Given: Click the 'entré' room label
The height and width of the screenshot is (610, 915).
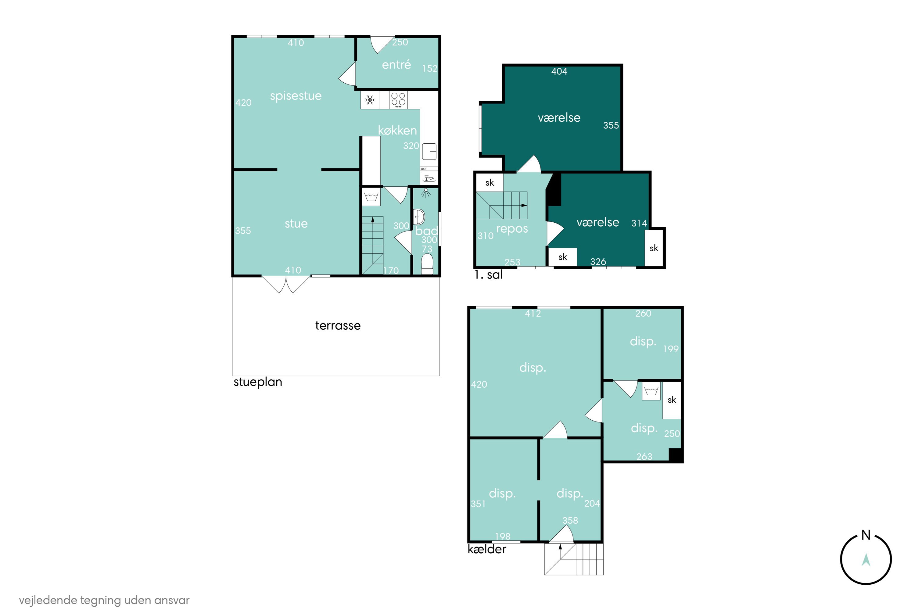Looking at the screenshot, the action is [396, 65].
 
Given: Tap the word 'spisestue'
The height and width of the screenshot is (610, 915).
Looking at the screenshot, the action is [296, 96].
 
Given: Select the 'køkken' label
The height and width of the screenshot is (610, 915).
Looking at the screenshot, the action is [397, 130].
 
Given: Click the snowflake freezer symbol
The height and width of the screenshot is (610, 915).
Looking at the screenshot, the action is [370, 100].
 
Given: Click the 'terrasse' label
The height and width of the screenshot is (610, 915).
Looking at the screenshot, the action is [338, 326].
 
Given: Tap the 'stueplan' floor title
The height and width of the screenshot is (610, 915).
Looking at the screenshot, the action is [257, 382].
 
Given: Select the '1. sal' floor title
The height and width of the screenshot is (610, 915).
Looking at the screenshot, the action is [488, 275].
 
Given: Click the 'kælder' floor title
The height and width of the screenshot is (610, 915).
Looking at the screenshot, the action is [487, 549].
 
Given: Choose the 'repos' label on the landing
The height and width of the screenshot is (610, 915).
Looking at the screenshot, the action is [512, 229].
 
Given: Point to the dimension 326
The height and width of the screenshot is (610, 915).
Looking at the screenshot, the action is [598, 262].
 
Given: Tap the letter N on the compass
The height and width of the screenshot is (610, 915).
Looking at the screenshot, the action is [866, 535].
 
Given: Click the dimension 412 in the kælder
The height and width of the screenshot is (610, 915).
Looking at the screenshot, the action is [533, 314].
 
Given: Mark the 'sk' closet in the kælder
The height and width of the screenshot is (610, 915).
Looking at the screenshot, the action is [672, 400].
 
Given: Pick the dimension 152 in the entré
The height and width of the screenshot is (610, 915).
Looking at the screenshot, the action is [430, 68].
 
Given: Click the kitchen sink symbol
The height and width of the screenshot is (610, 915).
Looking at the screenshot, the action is [429, 151].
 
